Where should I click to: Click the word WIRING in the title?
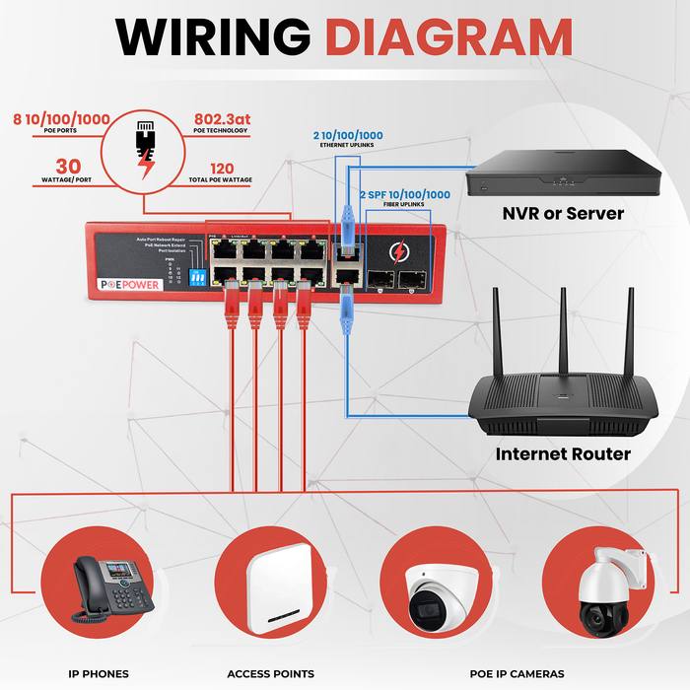[x=215, y=36]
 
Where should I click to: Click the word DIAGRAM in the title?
[x=448, y=36]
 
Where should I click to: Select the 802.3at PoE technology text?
[x=223, y=119]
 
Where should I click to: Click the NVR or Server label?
[x=563, y=212]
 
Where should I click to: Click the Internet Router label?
[x=563, y=454]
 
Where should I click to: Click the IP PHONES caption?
[x=99, y=674]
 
